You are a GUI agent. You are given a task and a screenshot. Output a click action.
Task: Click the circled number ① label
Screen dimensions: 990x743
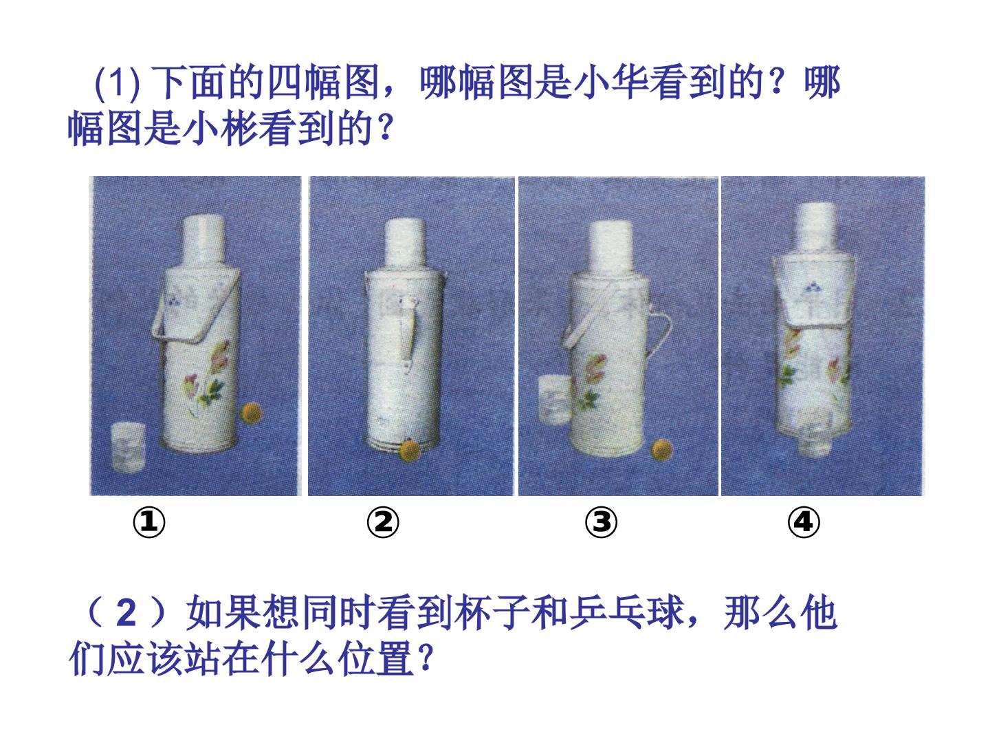pos(148,522)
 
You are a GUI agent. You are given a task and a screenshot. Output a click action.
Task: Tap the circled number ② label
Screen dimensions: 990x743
pos(382,522)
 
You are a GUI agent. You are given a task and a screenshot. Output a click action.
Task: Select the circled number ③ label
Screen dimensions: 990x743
pos(601,522)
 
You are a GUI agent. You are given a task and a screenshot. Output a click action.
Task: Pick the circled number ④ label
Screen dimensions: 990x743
pos(803,522)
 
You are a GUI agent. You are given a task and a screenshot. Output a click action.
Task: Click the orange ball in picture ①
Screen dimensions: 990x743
pos(251,412)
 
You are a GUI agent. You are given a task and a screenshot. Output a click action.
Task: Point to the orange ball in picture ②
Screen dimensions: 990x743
pos(410,450)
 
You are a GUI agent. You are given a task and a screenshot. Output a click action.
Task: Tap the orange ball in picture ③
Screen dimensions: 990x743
pos(661,450)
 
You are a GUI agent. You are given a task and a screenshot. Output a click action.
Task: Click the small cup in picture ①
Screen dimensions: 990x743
pos(128,447)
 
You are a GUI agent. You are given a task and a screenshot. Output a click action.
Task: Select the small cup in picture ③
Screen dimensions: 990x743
pos(554,400)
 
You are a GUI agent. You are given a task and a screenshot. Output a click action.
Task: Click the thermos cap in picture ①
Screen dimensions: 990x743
pos(203,241)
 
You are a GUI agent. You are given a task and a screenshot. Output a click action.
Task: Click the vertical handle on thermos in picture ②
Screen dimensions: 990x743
pos(410,334)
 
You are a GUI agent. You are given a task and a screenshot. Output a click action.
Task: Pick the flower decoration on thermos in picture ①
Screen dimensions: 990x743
pos(206,377)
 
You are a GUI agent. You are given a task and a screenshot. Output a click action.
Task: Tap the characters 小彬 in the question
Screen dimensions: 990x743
pos(219,129)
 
